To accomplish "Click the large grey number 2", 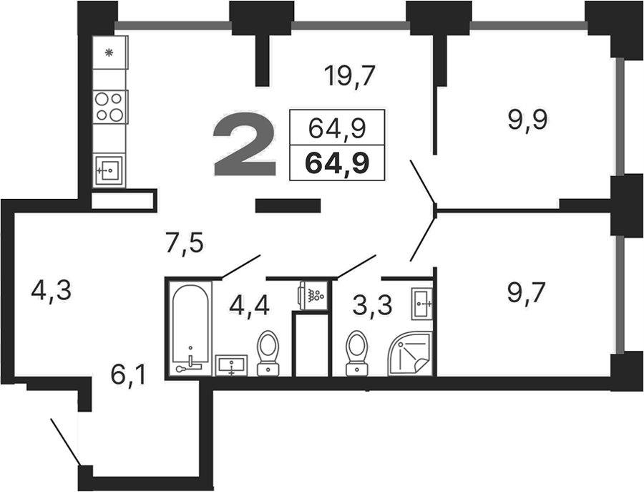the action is pyautogui.click(x=245, y=143).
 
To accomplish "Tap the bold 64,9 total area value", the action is pyautogui.click(x=337, y=163).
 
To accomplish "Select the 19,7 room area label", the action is pyautogui.click(x=349, y=77).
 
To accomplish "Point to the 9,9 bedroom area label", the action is pyautogui.click(x=527, y=121).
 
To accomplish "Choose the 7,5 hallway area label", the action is pyautogui.click(x=184, y=244).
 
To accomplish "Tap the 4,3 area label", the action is pyautogui.click(x=51, y=291).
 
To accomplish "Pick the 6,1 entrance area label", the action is pyautogui.click(x=129, y=375).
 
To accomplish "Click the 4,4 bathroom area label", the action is pyautogui.click(x=249, y=306).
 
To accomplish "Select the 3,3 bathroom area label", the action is pyautogui.click(x=372, y=306).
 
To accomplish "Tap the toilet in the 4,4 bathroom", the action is pyautogui.click(x=268, y=354).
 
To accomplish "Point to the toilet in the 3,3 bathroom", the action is pyautogui.click(x=357, y=354).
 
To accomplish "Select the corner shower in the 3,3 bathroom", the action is pyautogui.click(x=410, y=353).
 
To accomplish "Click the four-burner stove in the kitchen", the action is pyautogui.click(x=110, y=106).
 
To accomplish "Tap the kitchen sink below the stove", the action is pyautogui.click(x=109, y=170).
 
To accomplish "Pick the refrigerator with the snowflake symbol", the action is pyautogui.click(x=110, y=52).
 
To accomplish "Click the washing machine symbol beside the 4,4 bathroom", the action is pyautogui.click(x=313, y=296).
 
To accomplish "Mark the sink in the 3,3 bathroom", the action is pyautogui.click(x=421, y=304).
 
